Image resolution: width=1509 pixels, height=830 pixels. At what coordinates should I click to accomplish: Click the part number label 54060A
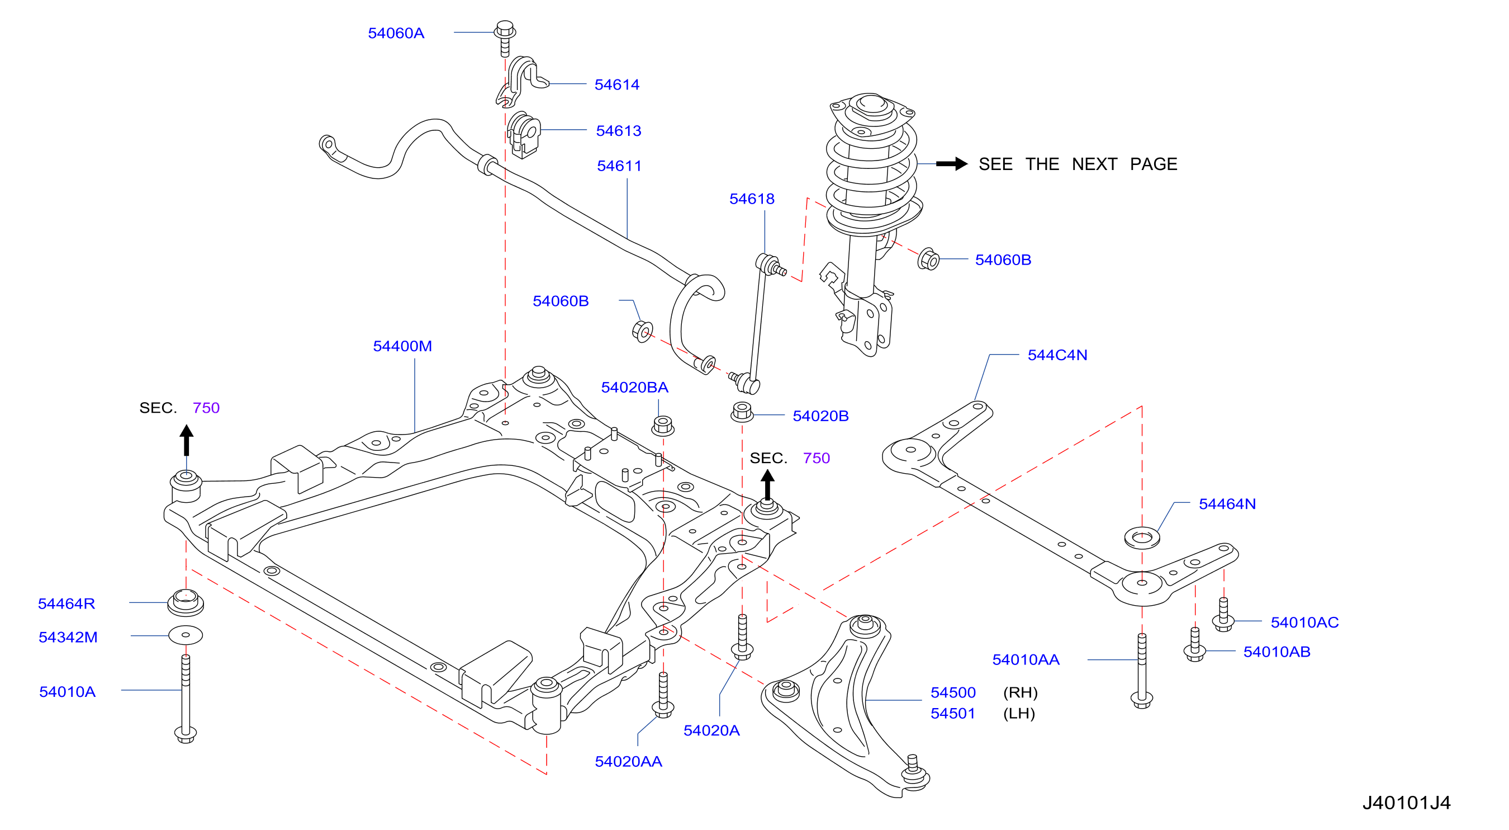pos(396,33)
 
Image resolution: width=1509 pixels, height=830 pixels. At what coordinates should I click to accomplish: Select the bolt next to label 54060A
pos(505,38)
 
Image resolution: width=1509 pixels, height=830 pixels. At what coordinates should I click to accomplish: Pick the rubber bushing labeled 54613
pos(524,135)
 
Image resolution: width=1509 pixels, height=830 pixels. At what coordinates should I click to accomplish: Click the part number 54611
pos(619,166)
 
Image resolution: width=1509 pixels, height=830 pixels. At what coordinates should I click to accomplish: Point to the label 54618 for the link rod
pos(752,199)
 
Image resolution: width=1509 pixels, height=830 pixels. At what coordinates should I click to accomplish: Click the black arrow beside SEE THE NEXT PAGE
pos(952,163)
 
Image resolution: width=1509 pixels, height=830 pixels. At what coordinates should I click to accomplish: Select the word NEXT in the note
pos(1094,164)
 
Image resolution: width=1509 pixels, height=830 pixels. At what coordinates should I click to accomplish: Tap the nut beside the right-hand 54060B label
pos(928,258)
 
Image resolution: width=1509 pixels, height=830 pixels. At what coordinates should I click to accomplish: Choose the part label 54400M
pos(402,346)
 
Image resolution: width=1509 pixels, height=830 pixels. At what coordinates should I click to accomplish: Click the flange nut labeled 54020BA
pos(662,426)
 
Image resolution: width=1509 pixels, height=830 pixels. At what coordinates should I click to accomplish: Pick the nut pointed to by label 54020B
pos(742,412)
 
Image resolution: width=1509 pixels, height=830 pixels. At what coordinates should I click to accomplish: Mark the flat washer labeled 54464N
pos(1142,537)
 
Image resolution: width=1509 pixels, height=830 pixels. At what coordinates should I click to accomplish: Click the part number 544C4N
pos(1057,355)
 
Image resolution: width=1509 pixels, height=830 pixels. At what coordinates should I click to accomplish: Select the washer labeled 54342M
pos(186,635)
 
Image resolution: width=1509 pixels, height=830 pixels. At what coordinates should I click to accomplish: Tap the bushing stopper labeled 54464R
pos(186,602)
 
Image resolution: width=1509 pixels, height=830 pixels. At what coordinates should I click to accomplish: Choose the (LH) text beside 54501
pos(1019,713)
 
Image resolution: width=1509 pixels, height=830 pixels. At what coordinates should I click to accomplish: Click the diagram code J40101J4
pos(1406,803)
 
